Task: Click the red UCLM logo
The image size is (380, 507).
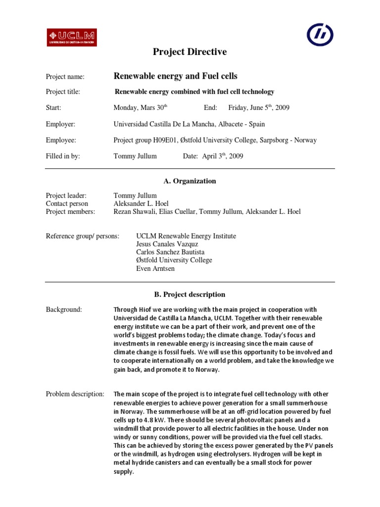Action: tap(72, 37)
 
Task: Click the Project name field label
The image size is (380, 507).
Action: tap(65, 77)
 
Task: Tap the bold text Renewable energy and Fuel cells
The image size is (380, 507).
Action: tap(175, 76)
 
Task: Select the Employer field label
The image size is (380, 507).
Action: tap(60, 124)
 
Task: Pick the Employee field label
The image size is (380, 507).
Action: tap(61, 140)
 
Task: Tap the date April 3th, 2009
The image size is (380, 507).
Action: tap(223, 156)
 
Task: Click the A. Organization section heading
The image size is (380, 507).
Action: tap(190, 181)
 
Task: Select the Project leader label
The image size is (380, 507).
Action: tap(66, 196)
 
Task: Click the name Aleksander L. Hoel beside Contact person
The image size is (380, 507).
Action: tap(141, 203)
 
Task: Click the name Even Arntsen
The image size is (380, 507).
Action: tap(155, 268)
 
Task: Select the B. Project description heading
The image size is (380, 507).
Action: tap(190, 294)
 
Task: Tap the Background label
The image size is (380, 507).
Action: tap(64, 309)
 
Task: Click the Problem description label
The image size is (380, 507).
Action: tap(75, 394)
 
